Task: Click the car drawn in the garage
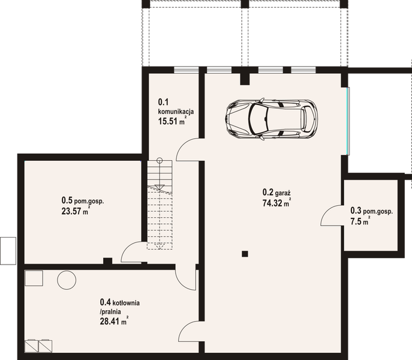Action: [x=271, y=119]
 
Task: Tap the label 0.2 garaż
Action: [x=276, y=193]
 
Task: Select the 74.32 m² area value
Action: [x=276, y=203]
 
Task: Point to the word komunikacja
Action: [x=176, y=111]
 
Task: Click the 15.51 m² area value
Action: [x=172, y=121]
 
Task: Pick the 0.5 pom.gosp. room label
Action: [x=83, y=200]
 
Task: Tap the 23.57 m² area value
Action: [x=76, y=211]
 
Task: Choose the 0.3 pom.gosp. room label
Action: [x=372, y=211]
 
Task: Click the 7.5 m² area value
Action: [x=360, y=221]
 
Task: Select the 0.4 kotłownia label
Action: [x=119, y=302]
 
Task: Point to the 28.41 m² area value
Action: [x=114, y=321]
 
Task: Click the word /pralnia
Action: [x=110, y=311]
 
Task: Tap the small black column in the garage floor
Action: [x=245, y=254]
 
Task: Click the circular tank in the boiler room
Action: [x=67, y=280]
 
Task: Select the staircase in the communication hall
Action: [x=160, y=205]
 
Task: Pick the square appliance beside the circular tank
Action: [x=34, y=278]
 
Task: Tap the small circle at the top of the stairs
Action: [x=160, y=160]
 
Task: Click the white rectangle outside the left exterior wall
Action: [x=8, y=251]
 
